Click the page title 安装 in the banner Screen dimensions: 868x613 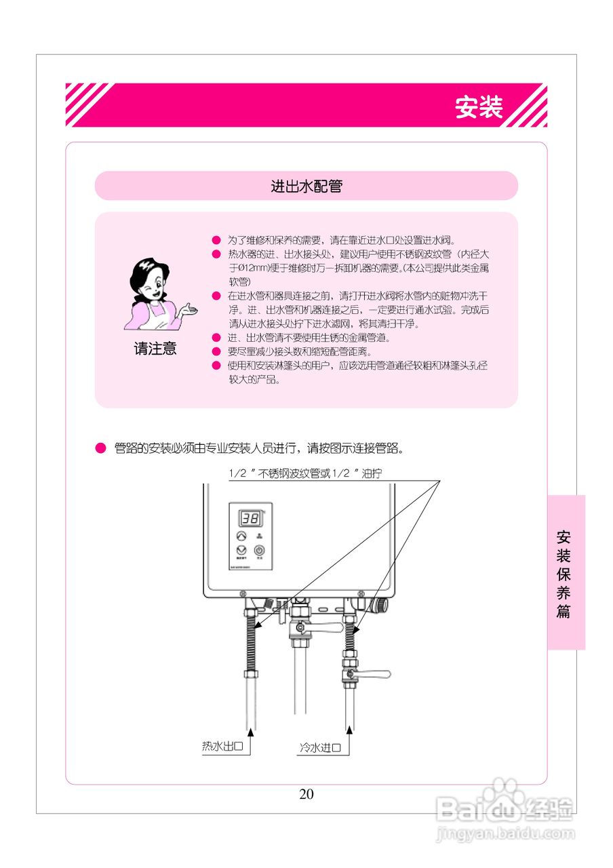coord(478,107)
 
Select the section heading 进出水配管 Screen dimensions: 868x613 coord(306,186)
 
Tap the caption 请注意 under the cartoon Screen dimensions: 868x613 coord(155,349)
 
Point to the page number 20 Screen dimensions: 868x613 coord(306,794)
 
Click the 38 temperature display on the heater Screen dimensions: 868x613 coord(250,519)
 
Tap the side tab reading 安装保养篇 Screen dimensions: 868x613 coord(563,574)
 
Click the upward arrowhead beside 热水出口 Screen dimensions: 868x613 coord(251,731)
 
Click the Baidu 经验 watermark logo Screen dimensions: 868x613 coord(505,808)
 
